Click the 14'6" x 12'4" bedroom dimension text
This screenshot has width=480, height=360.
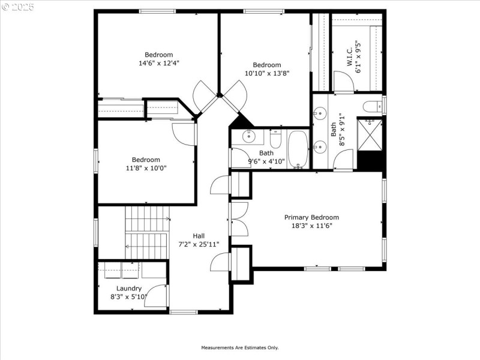(159, 62)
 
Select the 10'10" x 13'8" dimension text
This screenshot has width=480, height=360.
(267, 73)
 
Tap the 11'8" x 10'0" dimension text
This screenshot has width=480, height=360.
(146, 168)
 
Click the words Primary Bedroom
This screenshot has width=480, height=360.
(311, 217)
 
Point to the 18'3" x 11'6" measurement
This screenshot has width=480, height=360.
(311, 226)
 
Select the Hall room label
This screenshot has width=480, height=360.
(199, 236)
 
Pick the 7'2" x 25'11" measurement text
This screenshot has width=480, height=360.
(199, 244)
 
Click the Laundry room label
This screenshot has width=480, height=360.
(129, 288)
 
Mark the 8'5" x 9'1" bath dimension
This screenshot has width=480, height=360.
(341, 130)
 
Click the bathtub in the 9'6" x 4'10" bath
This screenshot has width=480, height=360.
(298, 149)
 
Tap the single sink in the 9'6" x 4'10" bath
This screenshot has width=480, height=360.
(250, 137)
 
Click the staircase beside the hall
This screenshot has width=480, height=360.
(146, 232)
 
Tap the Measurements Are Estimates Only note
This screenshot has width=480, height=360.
(239, 347)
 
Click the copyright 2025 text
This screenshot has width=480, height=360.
(18, 7)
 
